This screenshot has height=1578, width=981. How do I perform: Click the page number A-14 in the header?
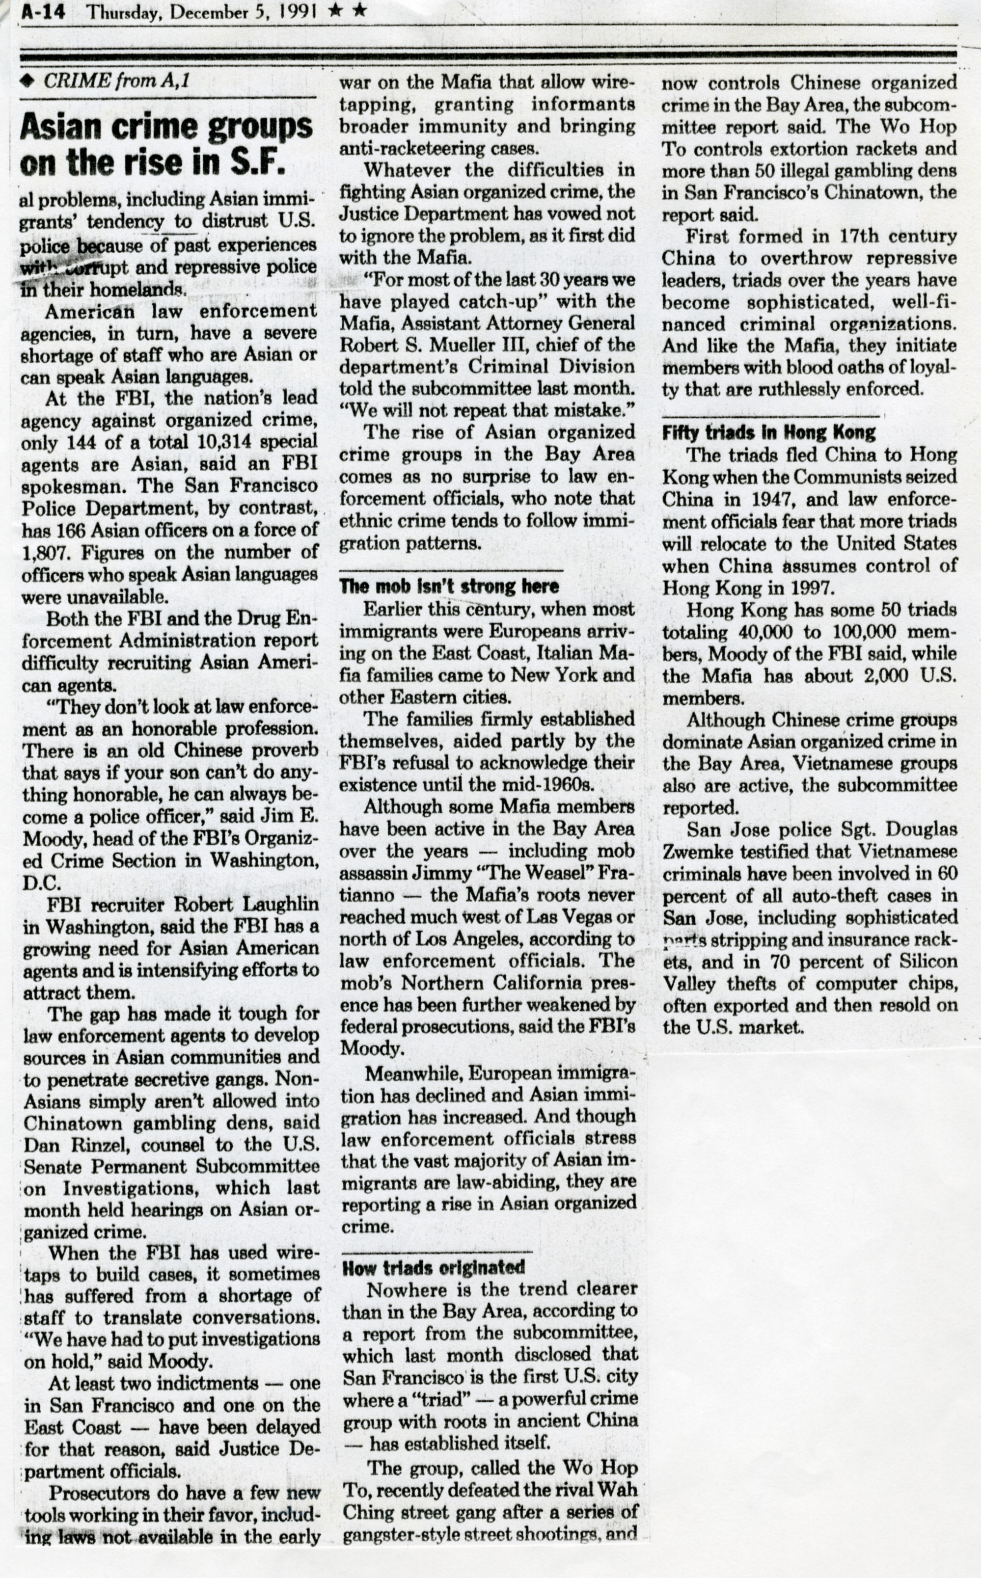click(42, 13)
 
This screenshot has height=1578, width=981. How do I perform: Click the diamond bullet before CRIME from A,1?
click(27, 81)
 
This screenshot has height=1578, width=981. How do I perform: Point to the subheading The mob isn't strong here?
click(449, 587)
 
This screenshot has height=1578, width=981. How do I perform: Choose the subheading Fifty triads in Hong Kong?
click(768, 432)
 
